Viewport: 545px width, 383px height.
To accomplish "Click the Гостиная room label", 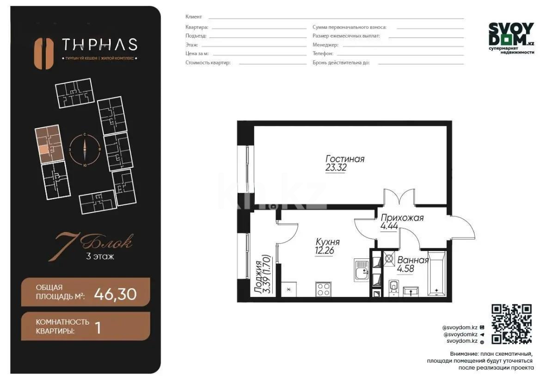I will [x=344, y=159].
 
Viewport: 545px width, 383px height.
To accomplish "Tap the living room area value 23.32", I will [x=336, y=168].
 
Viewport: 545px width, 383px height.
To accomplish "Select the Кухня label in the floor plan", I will [x=327, y=242].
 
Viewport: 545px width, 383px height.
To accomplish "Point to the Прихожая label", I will [x=401, y=218].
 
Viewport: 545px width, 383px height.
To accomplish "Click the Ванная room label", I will [x=413, y=260].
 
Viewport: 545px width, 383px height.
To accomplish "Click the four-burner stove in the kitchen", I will [x=323, y=289].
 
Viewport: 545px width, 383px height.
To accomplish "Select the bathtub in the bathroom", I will [x=436, y=273].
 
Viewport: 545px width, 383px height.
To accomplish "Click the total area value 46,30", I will [x=115, y=294].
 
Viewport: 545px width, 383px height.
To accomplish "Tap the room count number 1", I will [x=98, y=327].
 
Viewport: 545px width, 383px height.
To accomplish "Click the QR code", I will [x=511, y=324].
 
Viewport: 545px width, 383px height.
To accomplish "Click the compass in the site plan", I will [x=85, y=150].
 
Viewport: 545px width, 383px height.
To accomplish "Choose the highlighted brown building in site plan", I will [x=49, y=144].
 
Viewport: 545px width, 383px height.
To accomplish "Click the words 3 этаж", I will [x=100, y=256].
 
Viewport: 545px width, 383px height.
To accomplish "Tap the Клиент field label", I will [x=194, y=17].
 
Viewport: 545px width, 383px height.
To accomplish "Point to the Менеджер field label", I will [x=325, y=45].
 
